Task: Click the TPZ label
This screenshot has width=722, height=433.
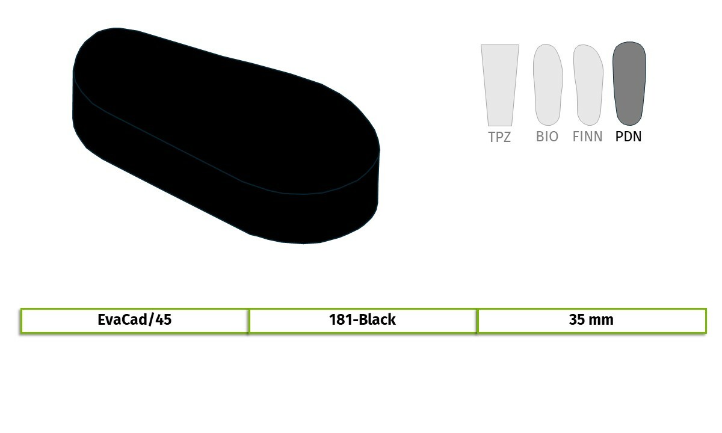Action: pos(499,137)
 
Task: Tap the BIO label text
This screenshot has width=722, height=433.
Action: pos(547,137)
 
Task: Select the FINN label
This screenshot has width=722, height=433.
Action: pos(587,137)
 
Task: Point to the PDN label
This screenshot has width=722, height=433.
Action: pos(628,137)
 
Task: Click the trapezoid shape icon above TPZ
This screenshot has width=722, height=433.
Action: pos(500,85)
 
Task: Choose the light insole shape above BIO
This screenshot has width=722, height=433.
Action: pos(548,85)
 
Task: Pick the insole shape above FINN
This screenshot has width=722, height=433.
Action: pos(588,85)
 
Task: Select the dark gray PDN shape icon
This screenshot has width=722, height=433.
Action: pos(629,84)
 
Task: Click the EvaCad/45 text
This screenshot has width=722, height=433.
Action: pos(134,320)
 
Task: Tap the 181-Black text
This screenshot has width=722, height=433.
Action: pos(362,319)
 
